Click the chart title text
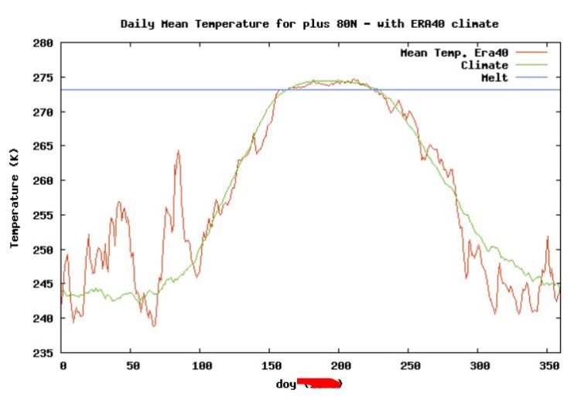[309, 24]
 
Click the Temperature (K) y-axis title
[14, 199]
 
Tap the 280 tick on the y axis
[43, 44]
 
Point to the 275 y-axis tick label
[43, 78]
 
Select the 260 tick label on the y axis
[43, 181]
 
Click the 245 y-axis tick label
[43, 284]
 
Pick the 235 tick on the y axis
[43, 353]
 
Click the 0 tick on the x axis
[63, 366]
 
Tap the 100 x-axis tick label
[200, 366]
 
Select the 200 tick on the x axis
[339, 366]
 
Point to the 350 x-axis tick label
[546, 366]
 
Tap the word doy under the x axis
[285, 384]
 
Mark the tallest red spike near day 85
[178, 152]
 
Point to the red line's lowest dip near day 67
[154, 326]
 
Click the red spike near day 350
[547, 238]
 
